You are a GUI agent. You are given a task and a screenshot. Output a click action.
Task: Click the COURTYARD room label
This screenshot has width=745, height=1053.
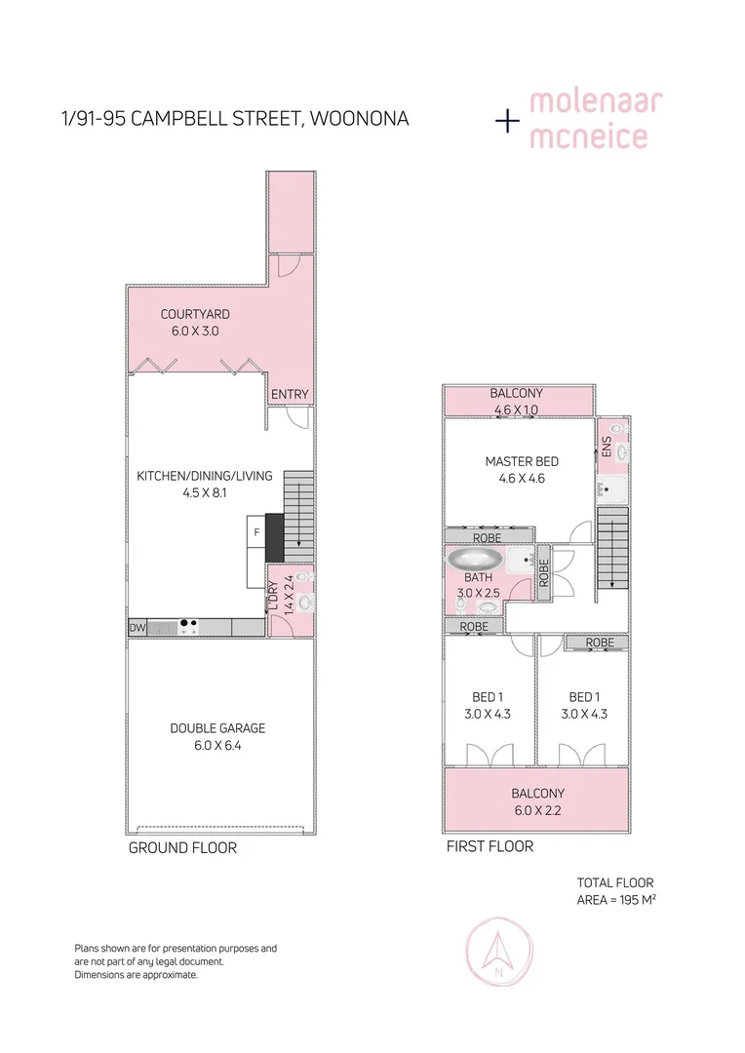(x=195, y=314)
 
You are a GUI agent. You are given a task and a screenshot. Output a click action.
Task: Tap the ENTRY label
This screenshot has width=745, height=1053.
(x=290, y=394)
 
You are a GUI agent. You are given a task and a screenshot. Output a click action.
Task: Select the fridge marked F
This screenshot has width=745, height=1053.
(x=255, y=532)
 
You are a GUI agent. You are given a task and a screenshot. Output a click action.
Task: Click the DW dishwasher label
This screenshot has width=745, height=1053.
(x=137, y=629)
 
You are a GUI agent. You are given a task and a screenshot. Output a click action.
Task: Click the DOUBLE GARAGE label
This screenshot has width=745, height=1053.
(x=217, y=728)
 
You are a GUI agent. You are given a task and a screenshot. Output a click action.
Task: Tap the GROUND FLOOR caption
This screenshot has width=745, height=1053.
(x=182, y=848)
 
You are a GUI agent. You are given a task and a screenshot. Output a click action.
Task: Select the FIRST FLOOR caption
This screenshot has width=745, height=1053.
(x=490, y=846)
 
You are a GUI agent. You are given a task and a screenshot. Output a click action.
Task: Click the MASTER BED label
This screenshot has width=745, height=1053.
(x=522, y=461)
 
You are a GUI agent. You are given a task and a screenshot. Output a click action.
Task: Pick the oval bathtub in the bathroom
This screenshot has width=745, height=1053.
(x=475, y=562)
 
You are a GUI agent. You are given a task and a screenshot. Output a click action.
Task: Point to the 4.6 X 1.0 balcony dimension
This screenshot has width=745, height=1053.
(x=516, y=410)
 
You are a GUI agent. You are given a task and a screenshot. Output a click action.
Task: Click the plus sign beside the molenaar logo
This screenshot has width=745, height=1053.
(x=507, y=121)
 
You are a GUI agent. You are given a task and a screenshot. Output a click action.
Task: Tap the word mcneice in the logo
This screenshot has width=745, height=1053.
(x=588, y=136)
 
